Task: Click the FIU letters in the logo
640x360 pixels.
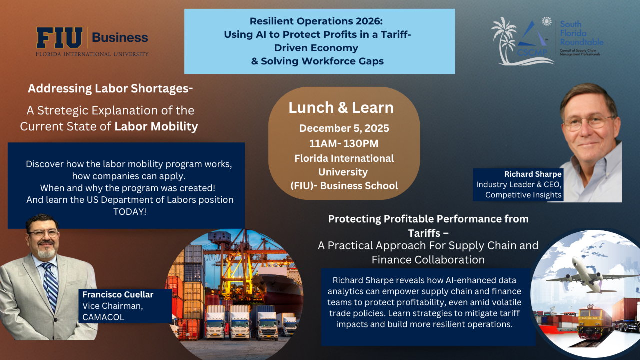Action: pyautogui.click(x=59, y=38)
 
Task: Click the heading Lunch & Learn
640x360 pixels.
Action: pyautogui.click(x=341, y=107)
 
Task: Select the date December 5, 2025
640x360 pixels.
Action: pyautogui.click(x=344, y=128)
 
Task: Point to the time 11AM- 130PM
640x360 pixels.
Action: pyautogui.click(x=344, y=144)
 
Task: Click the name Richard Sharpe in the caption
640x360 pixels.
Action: pyautogui.click(x=533, y=174)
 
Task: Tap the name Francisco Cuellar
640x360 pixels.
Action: pyautogui.click(x=118, y=295)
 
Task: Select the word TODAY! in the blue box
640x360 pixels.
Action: pyautogui.click(x=130, y=211)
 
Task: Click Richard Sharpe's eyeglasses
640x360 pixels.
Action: pyautogui.click(x=588, y=121)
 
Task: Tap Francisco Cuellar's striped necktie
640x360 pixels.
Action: pyautogui.click(x=50, y=285)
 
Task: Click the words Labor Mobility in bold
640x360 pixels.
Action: pyautogui.click(x=156, y=126)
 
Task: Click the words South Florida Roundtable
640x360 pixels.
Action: pyautogui.click(x=581, y=33)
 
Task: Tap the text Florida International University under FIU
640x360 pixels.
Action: pyautogui.click(x=92, y=54)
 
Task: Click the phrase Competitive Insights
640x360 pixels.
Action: pyautogui.click(x=523, y=195)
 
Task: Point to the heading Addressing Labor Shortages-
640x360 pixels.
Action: pyautogui.click(x=110, y=89)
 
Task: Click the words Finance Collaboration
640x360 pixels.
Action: pyautogui.click(x=428, y=260)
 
